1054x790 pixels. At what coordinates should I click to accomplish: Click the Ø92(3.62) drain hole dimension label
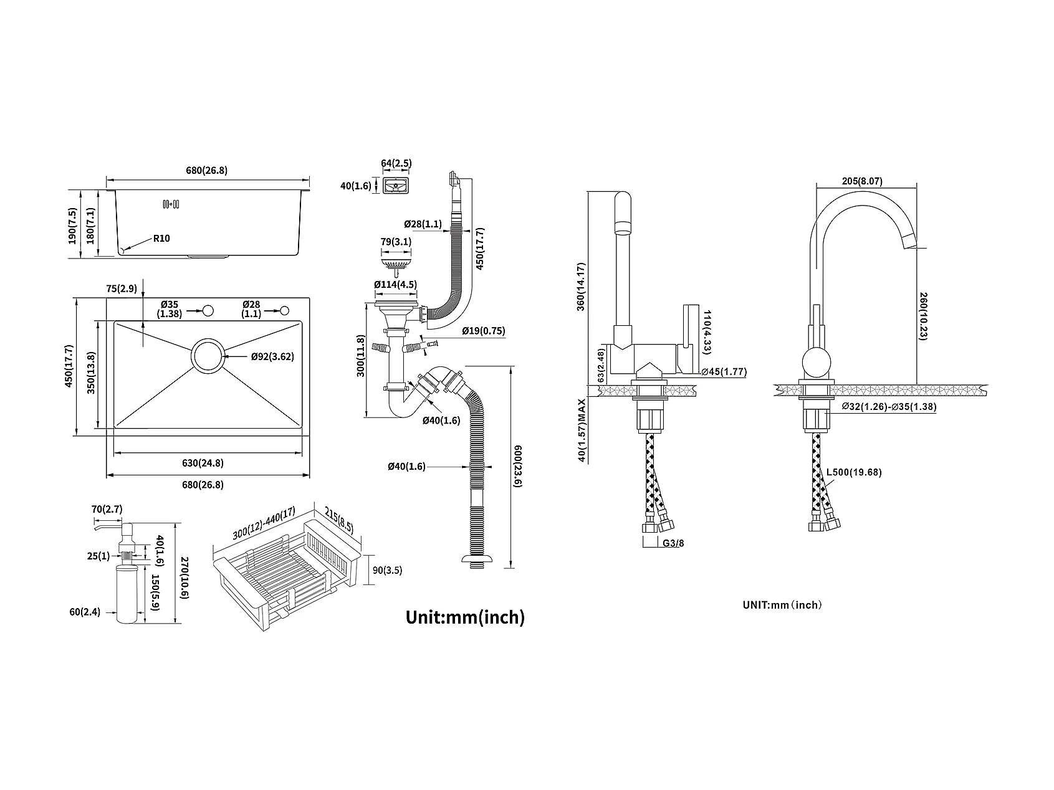272,356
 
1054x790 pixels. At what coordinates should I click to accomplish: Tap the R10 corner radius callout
160,238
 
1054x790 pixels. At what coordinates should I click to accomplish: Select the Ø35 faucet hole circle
208,310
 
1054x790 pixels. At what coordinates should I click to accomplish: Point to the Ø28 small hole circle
285,310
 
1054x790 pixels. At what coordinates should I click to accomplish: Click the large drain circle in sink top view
208,356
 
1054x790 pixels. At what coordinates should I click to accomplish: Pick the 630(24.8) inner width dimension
203,463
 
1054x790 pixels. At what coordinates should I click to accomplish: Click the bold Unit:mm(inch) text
465,617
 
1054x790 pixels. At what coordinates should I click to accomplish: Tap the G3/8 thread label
673,543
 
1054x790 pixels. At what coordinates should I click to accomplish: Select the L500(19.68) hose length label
854,472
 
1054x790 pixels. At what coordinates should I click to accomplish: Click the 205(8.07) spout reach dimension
861,181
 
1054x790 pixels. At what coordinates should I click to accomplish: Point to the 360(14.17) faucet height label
581,287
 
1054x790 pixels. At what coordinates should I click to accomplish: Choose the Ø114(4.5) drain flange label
395,285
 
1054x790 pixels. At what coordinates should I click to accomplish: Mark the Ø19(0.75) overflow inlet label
483,331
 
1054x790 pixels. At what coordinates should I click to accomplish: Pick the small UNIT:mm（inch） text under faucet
782,605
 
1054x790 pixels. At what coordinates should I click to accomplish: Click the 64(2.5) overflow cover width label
396,163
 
